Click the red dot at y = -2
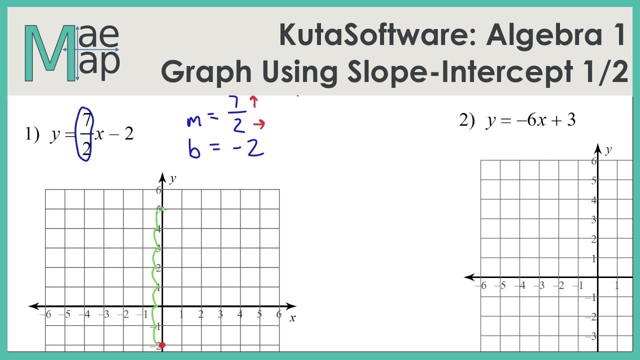point(161,345)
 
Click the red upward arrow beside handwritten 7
point(253,102)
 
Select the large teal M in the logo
point(47,54)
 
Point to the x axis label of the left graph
point(292,318)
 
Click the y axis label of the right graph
point(608,150)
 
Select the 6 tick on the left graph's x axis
point(279,314)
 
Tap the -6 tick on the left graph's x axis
point(46,314)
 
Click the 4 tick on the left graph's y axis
point(158,229)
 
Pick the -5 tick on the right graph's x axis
point(501,286)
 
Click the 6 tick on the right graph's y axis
point(593,161)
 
